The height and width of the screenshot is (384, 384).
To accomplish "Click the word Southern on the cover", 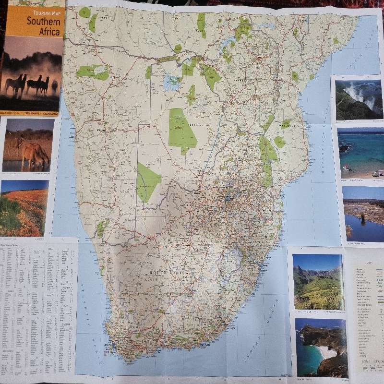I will pos(43,21).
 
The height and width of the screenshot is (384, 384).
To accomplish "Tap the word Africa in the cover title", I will pos(50,32).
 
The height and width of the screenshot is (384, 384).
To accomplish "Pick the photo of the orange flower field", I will pos(24,208).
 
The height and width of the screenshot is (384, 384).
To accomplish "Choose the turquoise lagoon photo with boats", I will pos(360,153).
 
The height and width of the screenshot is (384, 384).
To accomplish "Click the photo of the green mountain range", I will pos(318,282).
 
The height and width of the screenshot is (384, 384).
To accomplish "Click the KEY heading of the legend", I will pos(368,264).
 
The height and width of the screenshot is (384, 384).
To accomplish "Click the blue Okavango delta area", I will pos(171,82).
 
